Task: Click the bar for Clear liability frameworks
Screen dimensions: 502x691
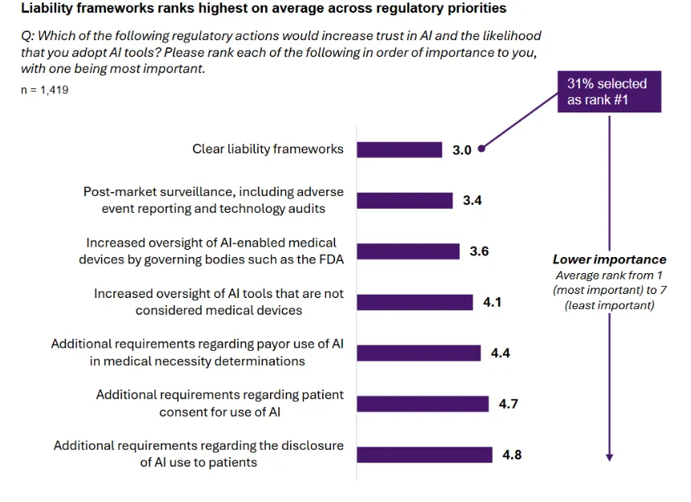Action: (399, 149)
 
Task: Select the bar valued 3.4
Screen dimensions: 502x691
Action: (404, 200)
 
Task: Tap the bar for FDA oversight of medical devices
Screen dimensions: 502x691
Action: (408, 251)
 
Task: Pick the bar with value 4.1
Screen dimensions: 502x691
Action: (415, 302)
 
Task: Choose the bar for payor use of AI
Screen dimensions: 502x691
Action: (419, 353)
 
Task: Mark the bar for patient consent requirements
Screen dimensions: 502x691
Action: (423, 403)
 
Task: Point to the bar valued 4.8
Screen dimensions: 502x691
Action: (424, 455)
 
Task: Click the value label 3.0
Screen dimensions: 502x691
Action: (462, 150)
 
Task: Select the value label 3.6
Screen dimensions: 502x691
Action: (479, 251)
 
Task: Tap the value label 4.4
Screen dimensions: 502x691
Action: (501, 353)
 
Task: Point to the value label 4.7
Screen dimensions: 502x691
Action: (508, 404)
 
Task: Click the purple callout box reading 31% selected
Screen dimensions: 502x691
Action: (608, 92)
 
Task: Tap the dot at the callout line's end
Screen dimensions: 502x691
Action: (480, 149)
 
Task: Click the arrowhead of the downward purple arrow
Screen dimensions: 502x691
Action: (609, 456)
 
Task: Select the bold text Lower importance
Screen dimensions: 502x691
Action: (609, 259)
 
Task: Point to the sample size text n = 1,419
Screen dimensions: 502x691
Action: (44, 90)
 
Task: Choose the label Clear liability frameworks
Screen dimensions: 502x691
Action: (268, 149)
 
